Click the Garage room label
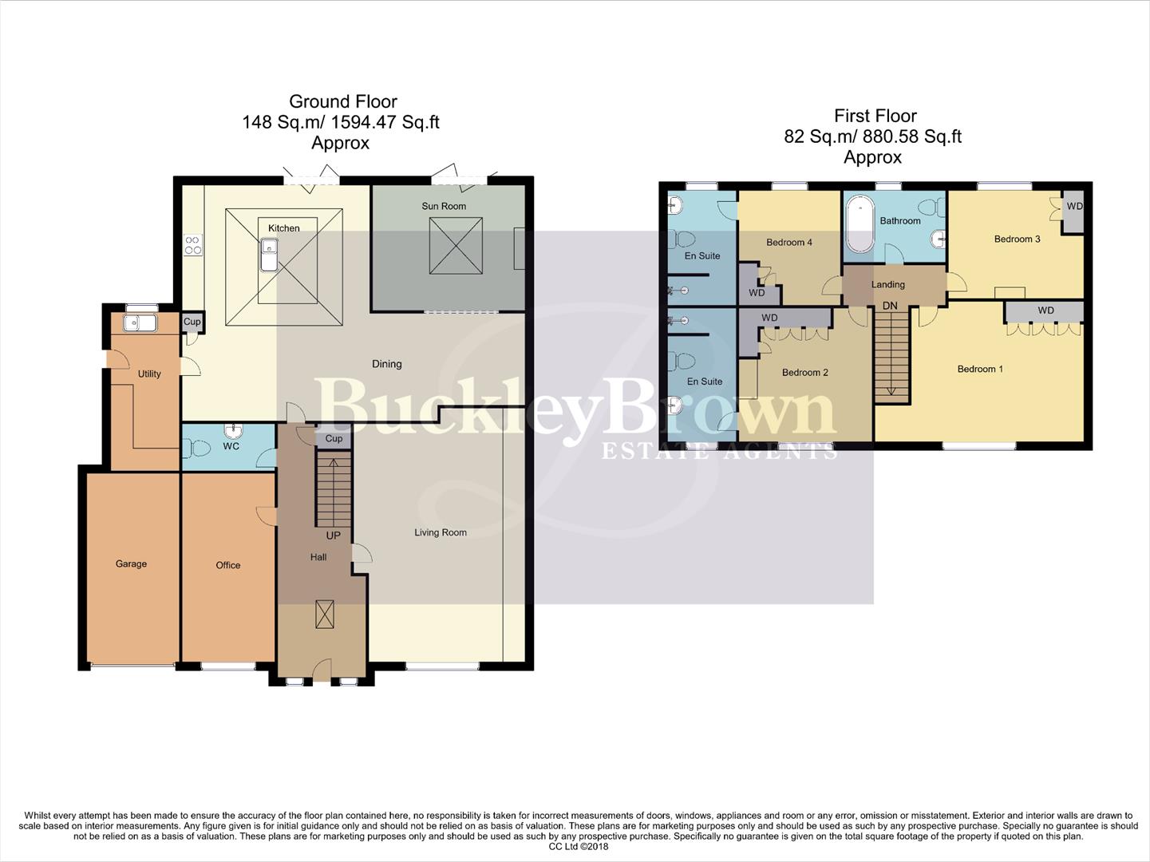tap(131, 563)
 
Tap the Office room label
tap(227, 565)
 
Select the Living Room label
tap(441, 532)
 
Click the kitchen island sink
tap(267, 257)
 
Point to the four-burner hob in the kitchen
tap(192, 244)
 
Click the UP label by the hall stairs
tap(333, 535)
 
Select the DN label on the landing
tap(890, 306)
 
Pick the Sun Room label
tap(444, 206)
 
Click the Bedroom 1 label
tap(980, 369)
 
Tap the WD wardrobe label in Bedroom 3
tap(1074, 206)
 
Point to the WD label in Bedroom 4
tap(757, 293)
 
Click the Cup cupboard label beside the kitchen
tap(192, 322)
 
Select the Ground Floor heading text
tap(342, 101)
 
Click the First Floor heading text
tap(875, 116)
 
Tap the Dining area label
tap(386, 364)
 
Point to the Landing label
tap(887, 284)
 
